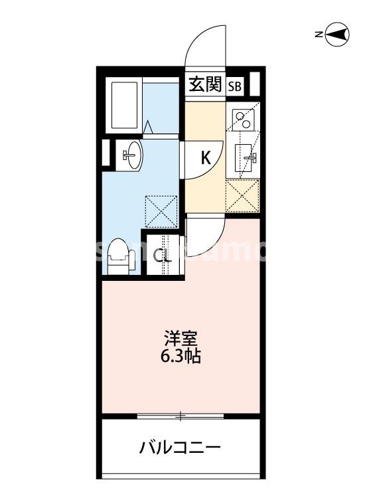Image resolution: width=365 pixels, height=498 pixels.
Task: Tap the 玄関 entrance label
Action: click(x=204, y=84)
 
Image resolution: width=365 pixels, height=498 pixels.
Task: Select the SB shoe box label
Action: click(x=236, y=86)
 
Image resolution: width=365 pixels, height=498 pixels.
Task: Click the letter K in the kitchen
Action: click(x=206, y=158)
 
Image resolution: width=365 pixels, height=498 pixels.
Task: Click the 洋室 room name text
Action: click(x=181, y=338)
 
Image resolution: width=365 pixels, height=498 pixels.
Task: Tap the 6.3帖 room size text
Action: click(x=181, y=357)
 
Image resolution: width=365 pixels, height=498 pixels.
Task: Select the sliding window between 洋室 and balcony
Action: click(x=180, y=417)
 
